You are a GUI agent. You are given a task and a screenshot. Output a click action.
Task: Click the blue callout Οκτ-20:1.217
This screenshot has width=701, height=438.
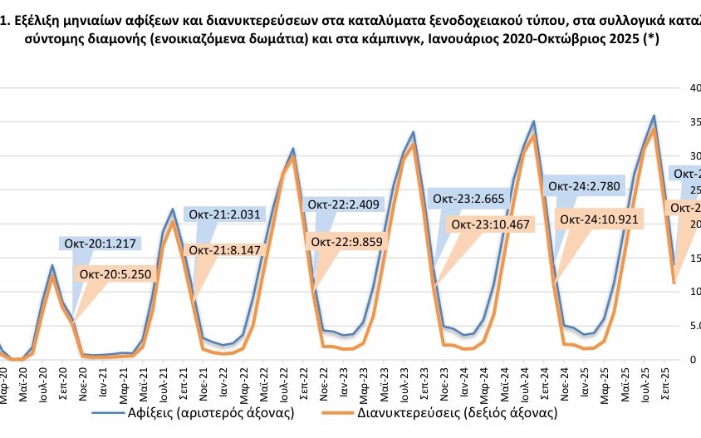[x=100, y=244]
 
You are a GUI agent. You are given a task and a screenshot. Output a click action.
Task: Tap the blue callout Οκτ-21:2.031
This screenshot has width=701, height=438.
[x=223, y=214]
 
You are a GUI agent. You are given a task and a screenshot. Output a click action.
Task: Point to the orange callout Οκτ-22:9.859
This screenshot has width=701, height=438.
[x=351, y=241]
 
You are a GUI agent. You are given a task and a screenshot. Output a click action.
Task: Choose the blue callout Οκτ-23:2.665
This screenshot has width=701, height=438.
[x=468, y=197]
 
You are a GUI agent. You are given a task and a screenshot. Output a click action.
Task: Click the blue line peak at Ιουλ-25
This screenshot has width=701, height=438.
[x=654, y=116]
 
